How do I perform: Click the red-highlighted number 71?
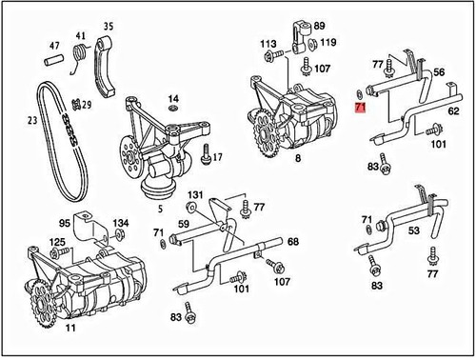click(360, 108)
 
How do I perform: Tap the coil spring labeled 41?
click(79, 51)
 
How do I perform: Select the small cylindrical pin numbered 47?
click(53, 60)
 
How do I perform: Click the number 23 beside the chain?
click(32, 120)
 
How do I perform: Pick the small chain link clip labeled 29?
click(76, 104)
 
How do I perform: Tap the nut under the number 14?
click(172, 109)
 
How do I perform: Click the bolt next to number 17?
click(206, 154)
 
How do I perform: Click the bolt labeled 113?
click(273, 56)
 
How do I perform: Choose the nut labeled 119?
click(311, 44)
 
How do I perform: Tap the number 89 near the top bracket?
click(319, 26)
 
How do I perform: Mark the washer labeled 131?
click(191, 207)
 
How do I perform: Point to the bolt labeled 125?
click(60, 252)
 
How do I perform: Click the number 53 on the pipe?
click(413, 230)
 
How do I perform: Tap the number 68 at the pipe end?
click(293, 242)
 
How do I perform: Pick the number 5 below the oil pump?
click(160, 209)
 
